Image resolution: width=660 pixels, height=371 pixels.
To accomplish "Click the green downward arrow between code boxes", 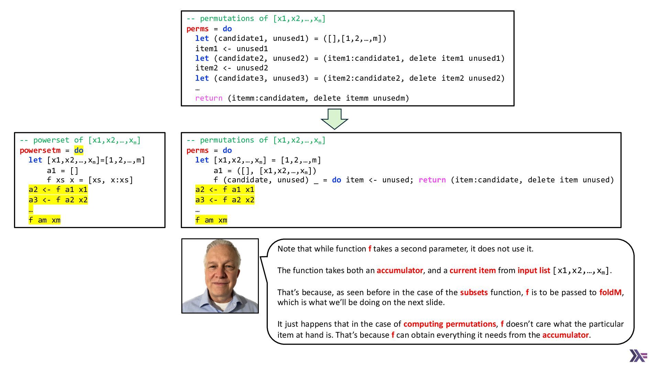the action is [334, 119].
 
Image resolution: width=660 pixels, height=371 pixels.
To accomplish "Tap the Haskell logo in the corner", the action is [638, 356].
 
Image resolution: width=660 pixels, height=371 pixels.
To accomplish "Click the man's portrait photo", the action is [220, 276].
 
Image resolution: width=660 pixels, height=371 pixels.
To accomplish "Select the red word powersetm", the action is [40, 150].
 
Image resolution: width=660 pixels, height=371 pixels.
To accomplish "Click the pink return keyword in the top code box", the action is [209, 98].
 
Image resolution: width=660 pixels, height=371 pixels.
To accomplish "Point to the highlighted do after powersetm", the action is [79, 150].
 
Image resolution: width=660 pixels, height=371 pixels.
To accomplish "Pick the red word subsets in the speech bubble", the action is [474, 292].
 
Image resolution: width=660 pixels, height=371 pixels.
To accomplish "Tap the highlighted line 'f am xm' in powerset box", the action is [44, 220].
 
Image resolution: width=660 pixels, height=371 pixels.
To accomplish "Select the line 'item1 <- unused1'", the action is [231, 49].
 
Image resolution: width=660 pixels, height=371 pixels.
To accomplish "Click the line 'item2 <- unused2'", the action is [231, 68].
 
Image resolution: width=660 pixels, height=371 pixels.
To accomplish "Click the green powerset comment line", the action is [80, 140].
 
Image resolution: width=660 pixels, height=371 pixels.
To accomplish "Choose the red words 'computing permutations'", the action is [450, 324].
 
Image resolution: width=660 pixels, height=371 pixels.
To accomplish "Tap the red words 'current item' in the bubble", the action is [472, 270].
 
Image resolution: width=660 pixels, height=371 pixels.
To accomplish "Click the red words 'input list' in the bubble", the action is [533, 270].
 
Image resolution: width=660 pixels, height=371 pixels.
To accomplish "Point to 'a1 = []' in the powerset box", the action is [63, 171].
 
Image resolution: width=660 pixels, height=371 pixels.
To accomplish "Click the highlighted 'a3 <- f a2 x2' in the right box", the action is [225, 200].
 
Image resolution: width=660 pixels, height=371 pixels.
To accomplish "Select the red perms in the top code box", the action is [197, 29].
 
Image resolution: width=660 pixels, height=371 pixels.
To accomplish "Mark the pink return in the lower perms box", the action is [432, 180].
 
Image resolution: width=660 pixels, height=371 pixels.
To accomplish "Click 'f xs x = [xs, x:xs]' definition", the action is [90, 180].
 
